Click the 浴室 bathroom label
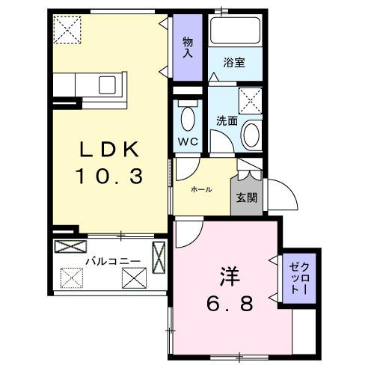coord(235,64)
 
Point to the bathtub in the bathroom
coord(235,31)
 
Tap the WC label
coord(187,141)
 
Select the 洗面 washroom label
coord(227,119)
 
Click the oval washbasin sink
coord(251,135)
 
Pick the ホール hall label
coord(201,189)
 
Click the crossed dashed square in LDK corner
coord(69,29)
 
